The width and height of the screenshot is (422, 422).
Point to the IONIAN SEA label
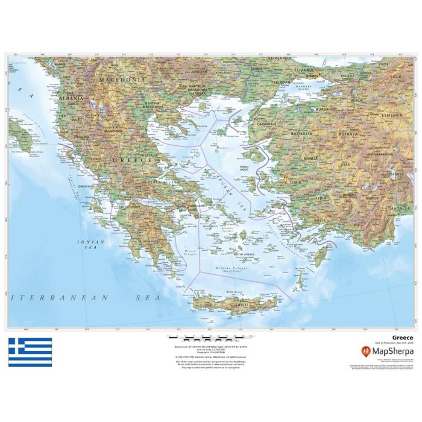[90, 244]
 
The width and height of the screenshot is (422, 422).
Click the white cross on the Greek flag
[17, 347]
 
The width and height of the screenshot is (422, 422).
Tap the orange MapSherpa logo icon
[365, 350]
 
